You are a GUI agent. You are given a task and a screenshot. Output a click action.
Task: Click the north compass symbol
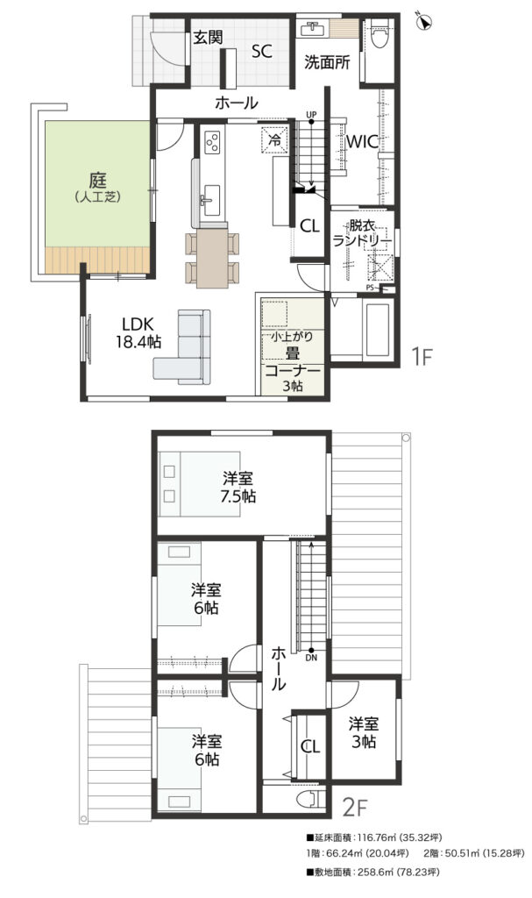(x=425, y=20)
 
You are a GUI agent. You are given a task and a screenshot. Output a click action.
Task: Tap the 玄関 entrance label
(x=208, y=38)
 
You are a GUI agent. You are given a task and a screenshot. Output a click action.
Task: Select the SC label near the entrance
(x=262, y=52)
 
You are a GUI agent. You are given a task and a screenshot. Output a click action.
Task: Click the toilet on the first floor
(x=379, y=34)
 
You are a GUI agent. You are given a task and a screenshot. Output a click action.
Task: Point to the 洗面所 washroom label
(x=327, y=62)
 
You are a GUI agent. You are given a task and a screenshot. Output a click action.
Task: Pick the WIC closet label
(x=364, y=141)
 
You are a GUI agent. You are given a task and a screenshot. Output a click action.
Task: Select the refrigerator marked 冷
(x=274, y=139)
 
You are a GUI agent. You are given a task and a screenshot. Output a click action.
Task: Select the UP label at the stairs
(x=311, y=115)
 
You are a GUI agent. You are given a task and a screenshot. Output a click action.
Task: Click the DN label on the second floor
(x=311, y=658)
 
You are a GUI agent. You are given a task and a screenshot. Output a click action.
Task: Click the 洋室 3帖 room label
(x=365, y=732)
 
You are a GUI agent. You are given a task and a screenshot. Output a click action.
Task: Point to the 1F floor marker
(x=422, y=357)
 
